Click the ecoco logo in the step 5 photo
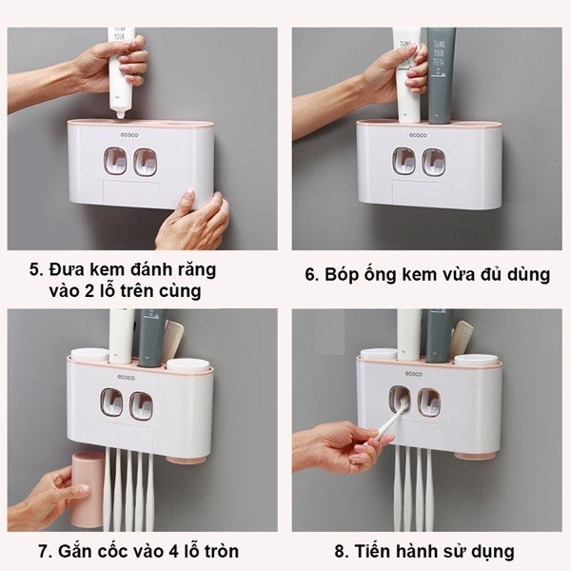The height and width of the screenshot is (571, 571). pyautogui.click(x=129, y=135)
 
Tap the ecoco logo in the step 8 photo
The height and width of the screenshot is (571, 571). pyautogui.click(x=414, y=374)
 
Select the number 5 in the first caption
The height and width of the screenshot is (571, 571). pyautogui.click(x=34, y=270)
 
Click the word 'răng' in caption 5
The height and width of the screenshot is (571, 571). pyautogui.click(x=200, y=271)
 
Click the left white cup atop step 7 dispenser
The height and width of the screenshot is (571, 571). pyautogui.click(x=89, y=354)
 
